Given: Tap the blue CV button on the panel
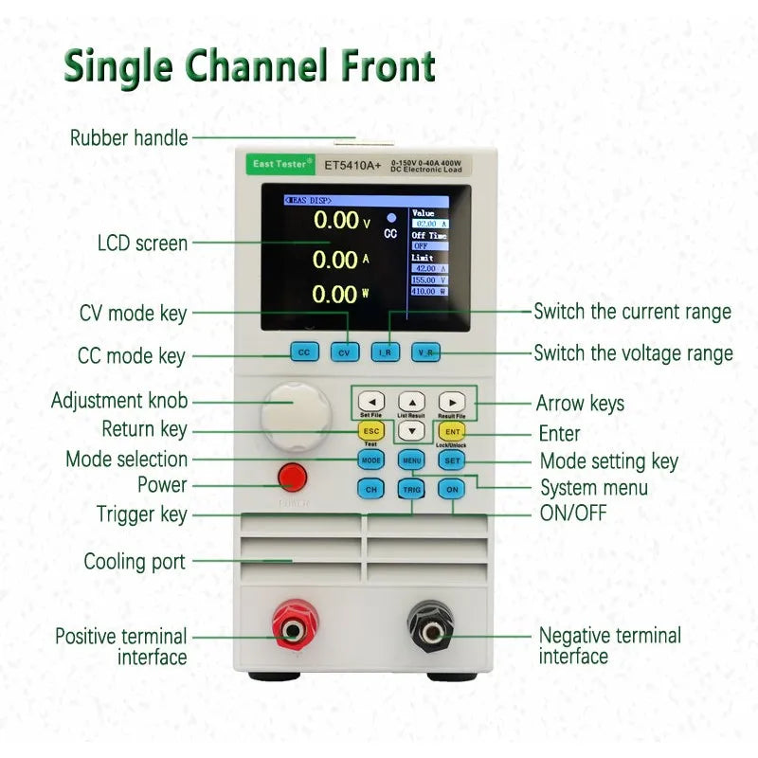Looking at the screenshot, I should (x=346, y=352).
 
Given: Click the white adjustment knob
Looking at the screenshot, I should (x=295, y=415).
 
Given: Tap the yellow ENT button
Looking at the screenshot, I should (x=453, y=432).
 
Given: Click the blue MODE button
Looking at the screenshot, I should (x=370, y=460).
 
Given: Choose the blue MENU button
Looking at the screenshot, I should (x=411, y=460).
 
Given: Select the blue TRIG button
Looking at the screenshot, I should (x=411, y=489).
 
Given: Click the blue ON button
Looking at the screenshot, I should (x=453, y=489).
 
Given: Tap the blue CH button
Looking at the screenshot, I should (x=370, y=489).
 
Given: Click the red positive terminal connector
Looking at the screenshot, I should (x=296, y=626).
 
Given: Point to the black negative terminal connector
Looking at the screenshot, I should (x=431, y=626).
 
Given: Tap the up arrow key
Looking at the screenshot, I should (x=411, y=400).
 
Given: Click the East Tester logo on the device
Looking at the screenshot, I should (x=280, y=164).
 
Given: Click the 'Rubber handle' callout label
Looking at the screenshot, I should (x=129, y=137).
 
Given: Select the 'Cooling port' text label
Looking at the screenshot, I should (x=135, y=561).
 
